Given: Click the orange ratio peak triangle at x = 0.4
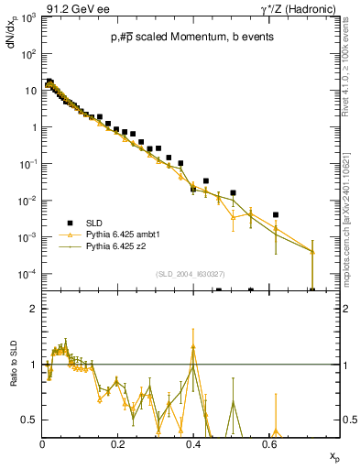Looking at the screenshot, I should point(192,347).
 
